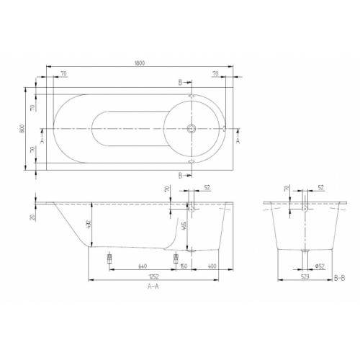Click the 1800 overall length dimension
(x=140, y=64)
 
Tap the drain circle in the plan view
(x=192, y=130)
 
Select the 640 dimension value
(x=142, y=265)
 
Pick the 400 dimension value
(x=212, y=265)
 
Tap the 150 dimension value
(x=184, y=265)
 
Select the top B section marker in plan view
(x=179, y=84)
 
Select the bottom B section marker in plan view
(x=179, y=174)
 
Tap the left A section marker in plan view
(x=42, y=141)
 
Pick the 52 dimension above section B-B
(x=320, y=188)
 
